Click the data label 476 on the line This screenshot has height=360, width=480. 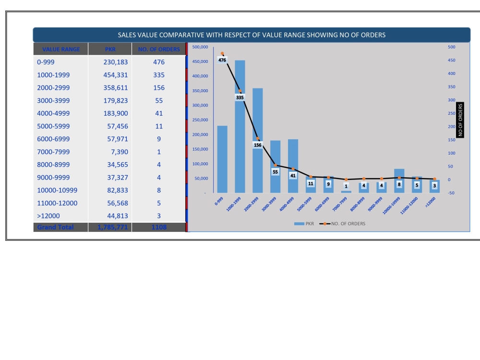click(222, 60)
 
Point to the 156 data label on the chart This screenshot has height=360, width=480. click(258, 145)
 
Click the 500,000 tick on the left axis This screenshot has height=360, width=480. click(200, 47)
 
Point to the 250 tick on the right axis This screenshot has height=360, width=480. click(451, 113)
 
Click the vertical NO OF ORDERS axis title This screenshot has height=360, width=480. click(460, 120)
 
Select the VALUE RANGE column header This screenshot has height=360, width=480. click(61, 49)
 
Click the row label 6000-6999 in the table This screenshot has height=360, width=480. click(53, 139)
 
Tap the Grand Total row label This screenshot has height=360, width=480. click(56, 227)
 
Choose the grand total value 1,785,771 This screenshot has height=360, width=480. click(113, 227)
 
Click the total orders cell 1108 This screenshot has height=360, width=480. click(158, 227)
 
